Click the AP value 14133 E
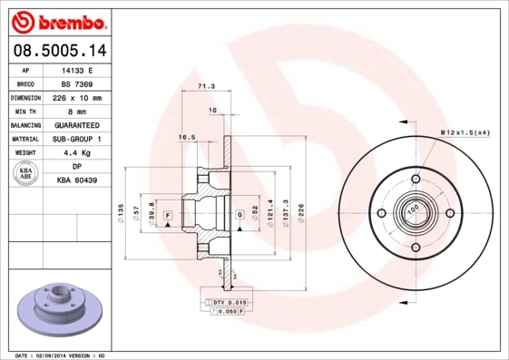(x=77, y=69)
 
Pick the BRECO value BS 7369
(x=77, y=83)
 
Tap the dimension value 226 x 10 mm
(x=77, y=97)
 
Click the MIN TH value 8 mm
(x=77, y=111)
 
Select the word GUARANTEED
(x=77, y=125)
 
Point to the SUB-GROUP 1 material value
(x=77, y=139)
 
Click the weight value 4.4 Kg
(x=77, y=153)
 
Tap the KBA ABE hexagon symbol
(x=26, y=174)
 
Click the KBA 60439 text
(x=77, y=180)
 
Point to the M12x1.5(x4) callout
(x=465, y=133)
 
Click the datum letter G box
(x=239, y=214)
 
